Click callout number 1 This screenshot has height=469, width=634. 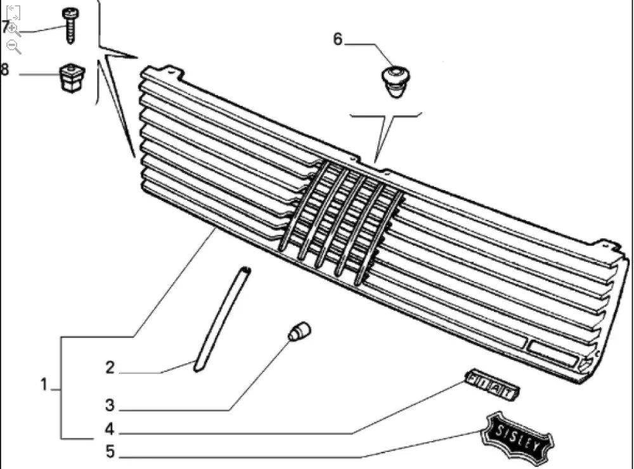coord(44,385)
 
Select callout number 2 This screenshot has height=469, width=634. coord(110,368)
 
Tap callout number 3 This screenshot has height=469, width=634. coord(110,405)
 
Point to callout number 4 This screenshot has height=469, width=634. coord(110,430)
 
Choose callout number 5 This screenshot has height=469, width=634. coord(110,452)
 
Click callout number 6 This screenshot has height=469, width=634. coord(337,40)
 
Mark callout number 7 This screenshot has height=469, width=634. coord(5,27)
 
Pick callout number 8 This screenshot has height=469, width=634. coord(5,70)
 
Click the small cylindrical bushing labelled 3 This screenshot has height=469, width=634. coord(299,331)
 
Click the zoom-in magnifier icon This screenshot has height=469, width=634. coord(14,29)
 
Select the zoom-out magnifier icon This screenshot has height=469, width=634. coord(14,46)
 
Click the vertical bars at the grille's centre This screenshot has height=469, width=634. coord(342,222)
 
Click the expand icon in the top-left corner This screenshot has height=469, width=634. coord(13,12)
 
